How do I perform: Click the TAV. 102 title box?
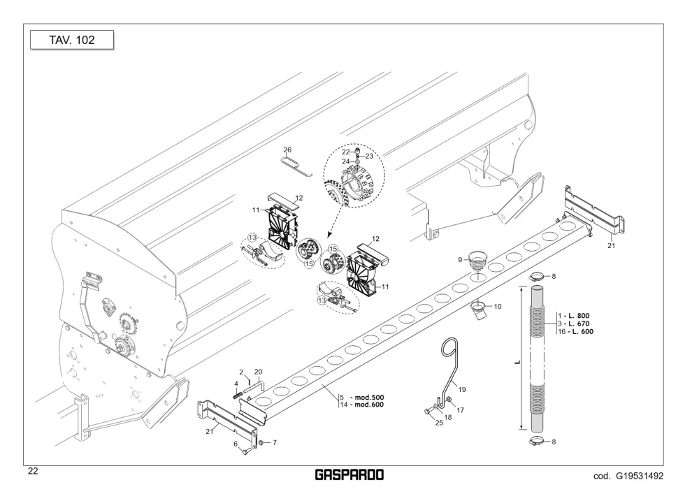click(x=72, y=40)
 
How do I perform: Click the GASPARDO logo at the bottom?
click(x=349, y=475)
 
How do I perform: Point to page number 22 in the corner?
click(x=33, y=471)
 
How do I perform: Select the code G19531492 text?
click(x=628, y=476)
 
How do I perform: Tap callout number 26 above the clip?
click(x=287, y=150)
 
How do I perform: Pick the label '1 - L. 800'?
click(x=573, y=316)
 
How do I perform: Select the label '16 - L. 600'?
click(x=575, y=331)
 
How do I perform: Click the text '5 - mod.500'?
click(x=361, y=398)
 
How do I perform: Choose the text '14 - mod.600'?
click(x=361, y=405)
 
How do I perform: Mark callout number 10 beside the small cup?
click(x=498, y=307)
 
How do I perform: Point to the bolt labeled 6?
click(x=245, y=451)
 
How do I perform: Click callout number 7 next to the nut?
click(x=275, y=443)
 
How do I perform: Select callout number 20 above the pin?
click(x=258, y=372)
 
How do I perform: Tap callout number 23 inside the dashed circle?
click(x=369, y=157)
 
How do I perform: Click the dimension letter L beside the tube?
click(x=517, y=362)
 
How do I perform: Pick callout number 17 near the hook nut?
click(x=461, y=410)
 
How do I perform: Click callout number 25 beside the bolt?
click(x=439, y=423)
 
